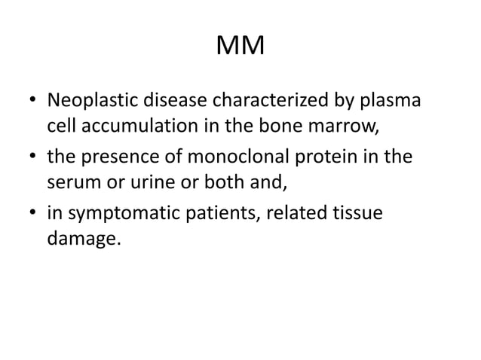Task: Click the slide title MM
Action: tap(240, 47)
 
